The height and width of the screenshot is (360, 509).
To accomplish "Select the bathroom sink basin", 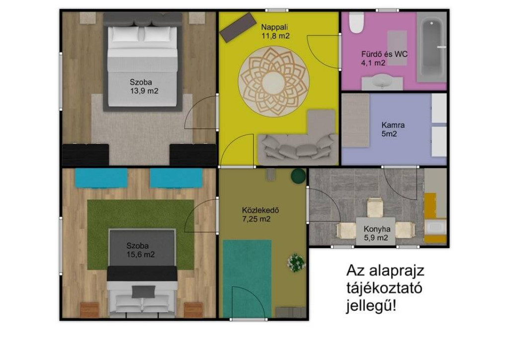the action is tap(382, 81).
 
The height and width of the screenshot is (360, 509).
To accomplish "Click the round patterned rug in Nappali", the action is tap(274, 81).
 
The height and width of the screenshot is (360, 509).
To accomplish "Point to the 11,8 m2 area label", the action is tap(275, 36).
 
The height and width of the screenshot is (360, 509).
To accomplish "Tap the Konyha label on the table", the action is tap(377, 229).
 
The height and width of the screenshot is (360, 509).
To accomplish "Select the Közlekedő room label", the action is tap(260, 210).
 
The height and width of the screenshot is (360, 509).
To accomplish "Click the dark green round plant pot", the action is tap(298, 176).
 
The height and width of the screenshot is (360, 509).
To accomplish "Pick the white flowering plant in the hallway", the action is tap(296, 262).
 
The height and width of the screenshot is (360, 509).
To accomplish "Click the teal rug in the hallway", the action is tap(247, 278).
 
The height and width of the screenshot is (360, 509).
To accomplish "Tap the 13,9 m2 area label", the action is tap(144, 91).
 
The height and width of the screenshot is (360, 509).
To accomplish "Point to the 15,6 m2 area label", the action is tap(141, 255).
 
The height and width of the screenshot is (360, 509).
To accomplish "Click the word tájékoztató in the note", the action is tap(384, 288).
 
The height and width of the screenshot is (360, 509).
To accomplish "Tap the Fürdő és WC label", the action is tap(384, 54).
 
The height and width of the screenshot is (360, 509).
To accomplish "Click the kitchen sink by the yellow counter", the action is tap(435, 227).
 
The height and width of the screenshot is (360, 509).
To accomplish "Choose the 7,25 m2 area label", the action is tap(256, 219).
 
